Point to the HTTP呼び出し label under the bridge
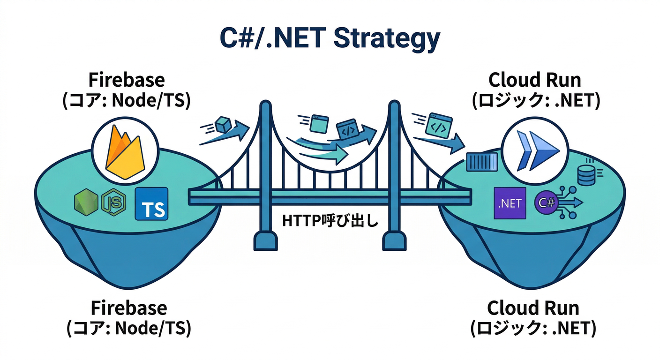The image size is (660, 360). [330, 220]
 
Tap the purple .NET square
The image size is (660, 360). [510, 203]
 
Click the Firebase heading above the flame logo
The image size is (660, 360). [127, 80]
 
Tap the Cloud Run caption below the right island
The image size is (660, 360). [533, 308]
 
